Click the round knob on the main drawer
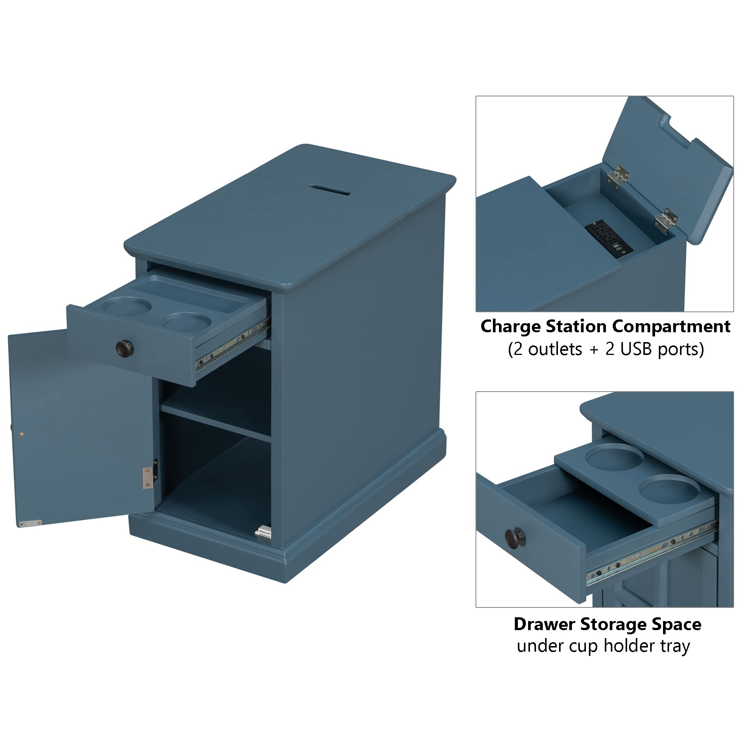(124, 349)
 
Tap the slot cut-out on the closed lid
(329, 190)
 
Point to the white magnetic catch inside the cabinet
(263, 531)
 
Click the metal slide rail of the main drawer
(233, 345)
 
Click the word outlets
(555, 349)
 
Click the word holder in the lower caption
(630, 646)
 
